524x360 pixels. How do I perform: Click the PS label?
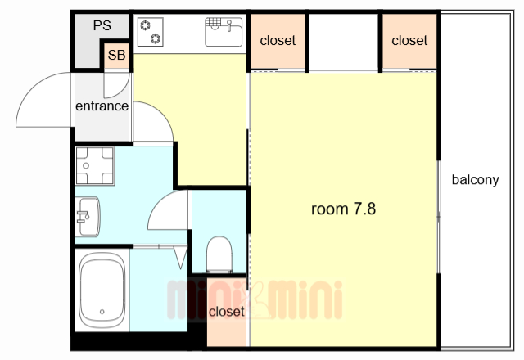(x=102, y=25)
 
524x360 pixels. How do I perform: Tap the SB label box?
(x=115, y=56)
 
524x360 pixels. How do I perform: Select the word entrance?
(x=102, y=106)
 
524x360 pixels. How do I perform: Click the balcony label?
(x=475, y=180)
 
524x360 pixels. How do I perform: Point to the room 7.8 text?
(x=343, y=209)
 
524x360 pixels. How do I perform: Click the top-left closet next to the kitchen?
(x=278, y=40)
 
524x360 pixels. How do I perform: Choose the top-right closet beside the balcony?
(x=409, y=40)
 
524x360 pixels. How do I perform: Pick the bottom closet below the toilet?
(x=226, y=312)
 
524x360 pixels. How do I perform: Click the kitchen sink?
(x=223, y=34)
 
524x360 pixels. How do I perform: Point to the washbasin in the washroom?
(x=87, y=218)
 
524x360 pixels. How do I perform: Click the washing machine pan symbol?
(x=94, y=166)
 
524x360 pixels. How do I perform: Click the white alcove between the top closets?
(x=343, y=43)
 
